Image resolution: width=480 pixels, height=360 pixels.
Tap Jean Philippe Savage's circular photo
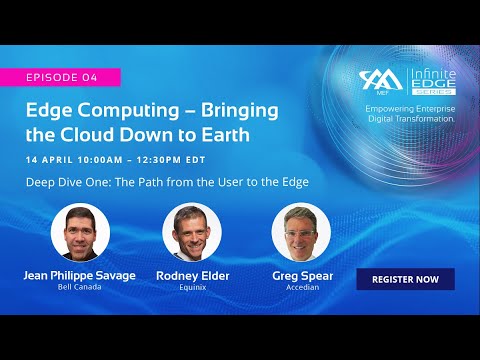pyautogui.click(x=80, y=233)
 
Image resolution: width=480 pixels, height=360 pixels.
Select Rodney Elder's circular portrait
pyautogui.click(x=191, y=233)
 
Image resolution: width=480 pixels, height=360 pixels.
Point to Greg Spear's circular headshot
pyautogui.click(x=301, y=233)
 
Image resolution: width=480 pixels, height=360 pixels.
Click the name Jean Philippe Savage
pyautogui.click(x=80, y=276)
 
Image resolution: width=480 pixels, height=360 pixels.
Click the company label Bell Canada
pyautogui.click(x=80, y=288)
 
